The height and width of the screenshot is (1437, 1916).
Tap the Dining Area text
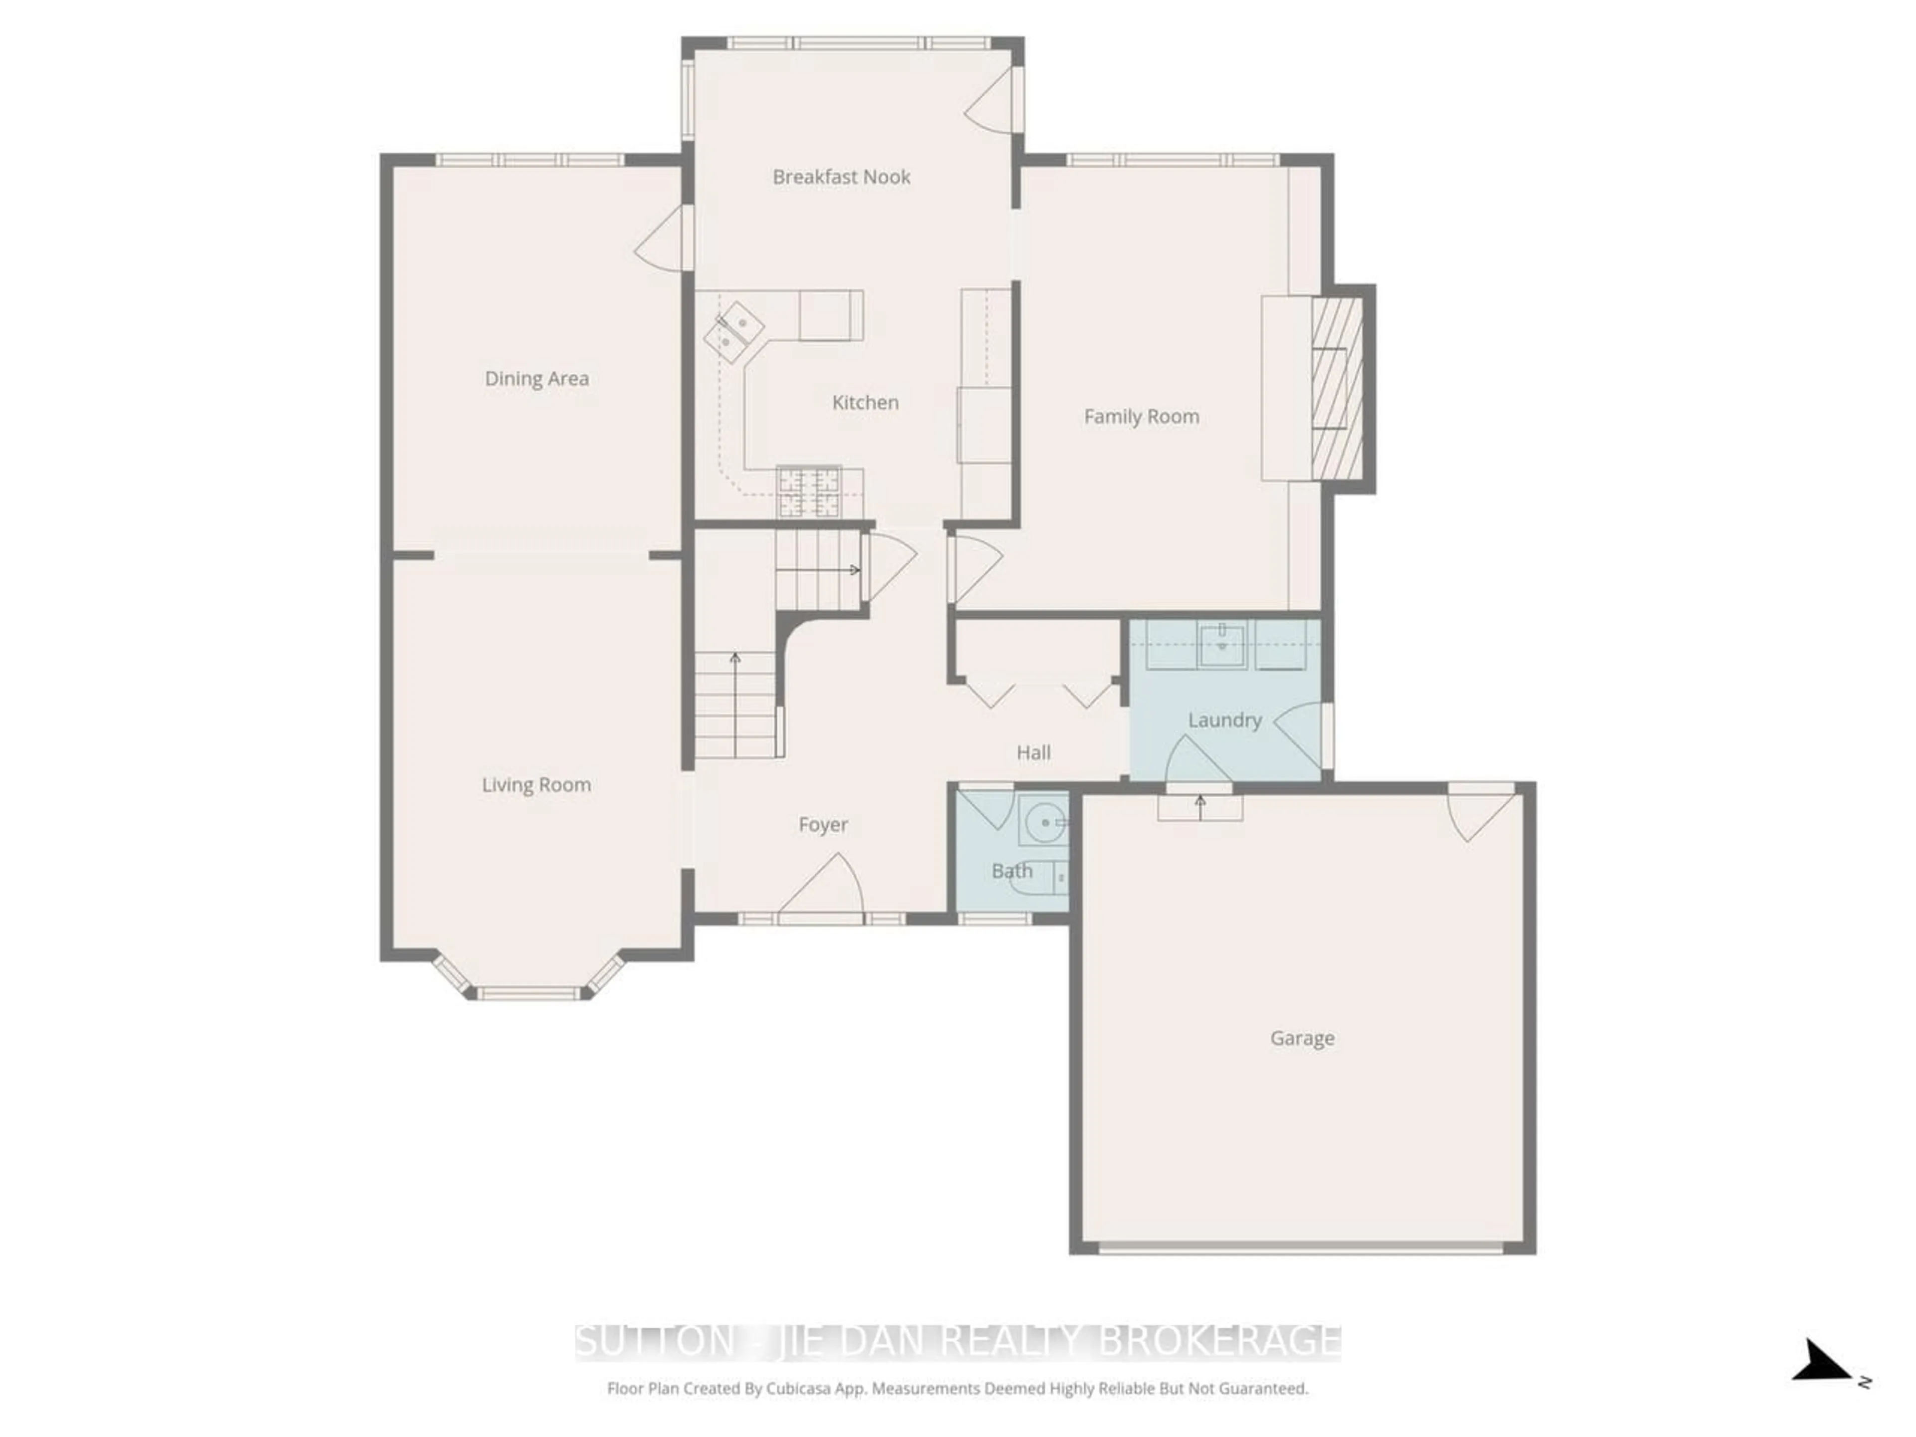(x=536, y=379)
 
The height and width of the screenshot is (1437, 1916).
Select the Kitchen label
(x=865, y=402)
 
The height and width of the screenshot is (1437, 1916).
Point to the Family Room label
(x=1141, y=417)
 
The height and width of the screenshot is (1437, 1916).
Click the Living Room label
(x=536, y=785)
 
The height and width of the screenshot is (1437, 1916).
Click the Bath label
(x=1011, y=871)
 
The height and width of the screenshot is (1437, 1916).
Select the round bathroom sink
(x=1045, y=822)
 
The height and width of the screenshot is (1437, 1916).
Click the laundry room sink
(x=1221, y=645)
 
